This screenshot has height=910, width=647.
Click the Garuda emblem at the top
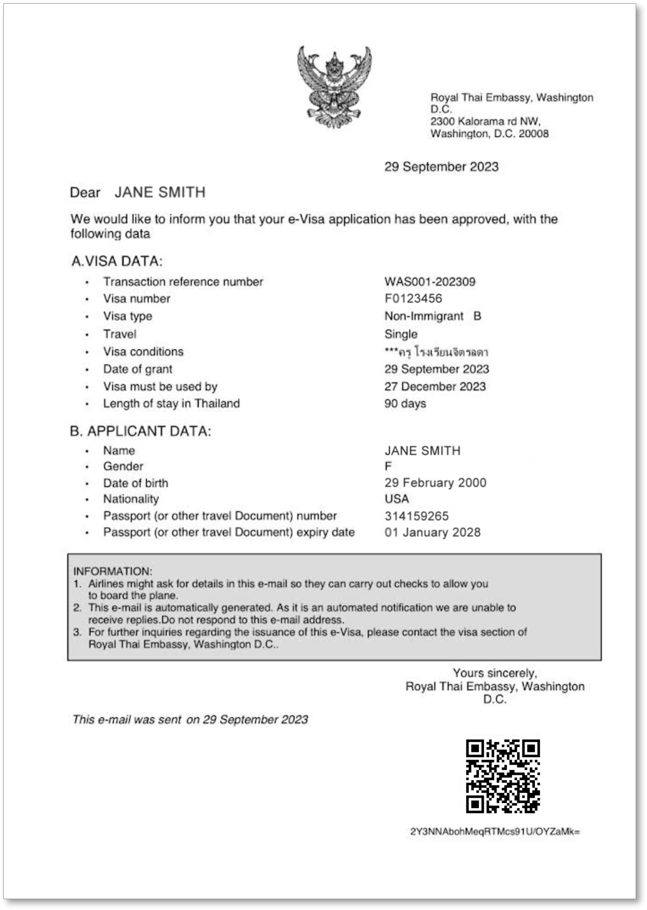point(334,87)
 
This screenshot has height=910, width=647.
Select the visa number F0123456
point(413,299)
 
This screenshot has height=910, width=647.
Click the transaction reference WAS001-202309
point(430,281)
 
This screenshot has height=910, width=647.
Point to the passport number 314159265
point(416,516)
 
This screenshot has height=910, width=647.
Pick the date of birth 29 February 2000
point(435,483)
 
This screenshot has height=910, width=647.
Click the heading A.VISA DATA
point(117,261)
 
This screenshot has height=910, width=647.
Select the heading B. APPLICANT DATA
point(141,431)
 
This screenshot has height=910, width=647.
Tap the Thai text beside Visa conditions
point(436,352)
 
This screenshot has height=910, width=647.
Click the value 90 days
point(405,404)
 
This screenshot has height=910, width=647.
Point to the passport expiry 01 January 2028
point(432,532)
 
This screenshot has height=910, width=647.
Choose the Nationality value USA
point(396,499)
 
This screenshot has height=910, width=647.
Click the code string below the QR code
point(495,831)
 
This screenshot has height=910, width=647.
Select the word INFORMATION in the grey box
point(113,571)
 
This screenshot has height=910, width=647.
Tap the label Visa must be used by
point(160,386)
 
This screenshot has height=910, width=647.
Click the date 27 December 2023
point(435,386)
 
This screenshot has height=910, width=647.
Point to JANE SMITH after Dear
point(160,192)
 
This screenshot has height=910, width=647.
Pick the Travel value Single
point(401,334)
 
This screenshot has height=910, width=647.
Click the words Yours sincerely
point(495,673)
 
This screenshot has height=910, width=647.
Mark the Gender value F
point(388,466)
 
